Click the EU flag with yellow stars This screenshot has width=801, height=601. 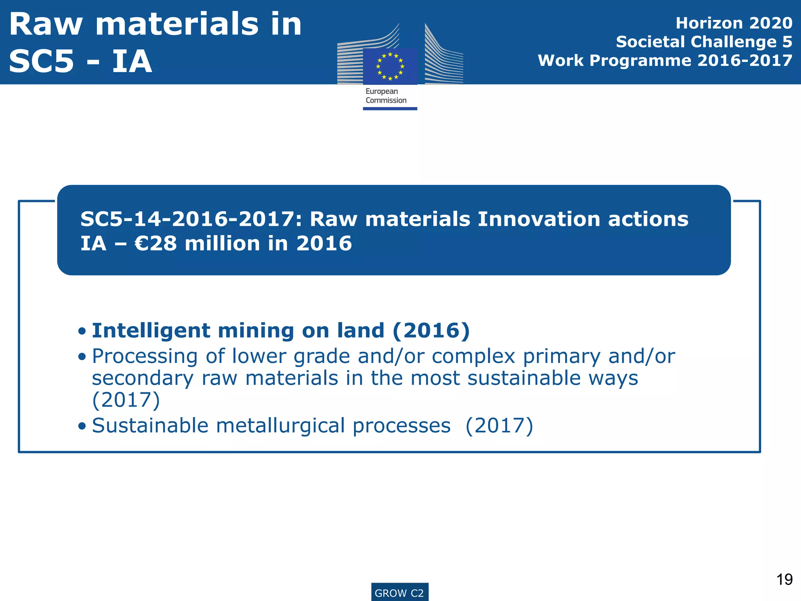(x=390, y=66)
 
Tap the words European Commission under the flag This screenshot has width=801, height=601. (x=386, y=96)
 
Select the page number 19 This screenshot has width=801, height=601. (x=784, y=579)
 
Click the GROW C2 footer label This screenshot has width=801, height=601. (x=399, y=593)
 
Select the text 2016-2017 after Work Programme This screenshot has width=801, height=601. (x=745, y=61)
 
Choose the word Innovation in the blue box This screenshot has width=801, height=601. (x=539, y=219)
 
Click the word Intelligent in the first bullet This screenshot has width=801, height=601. (x=151, y=331)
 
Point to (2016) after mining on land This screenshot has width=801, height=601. (x=431, y=331)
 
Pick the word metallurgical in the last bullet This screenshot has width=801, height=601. (x=280, y=426)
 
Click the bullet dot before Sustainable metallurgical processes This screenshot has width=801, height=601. (x=82, y=426)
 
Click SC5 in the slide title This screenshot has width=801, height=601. (x=41, y=62)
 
